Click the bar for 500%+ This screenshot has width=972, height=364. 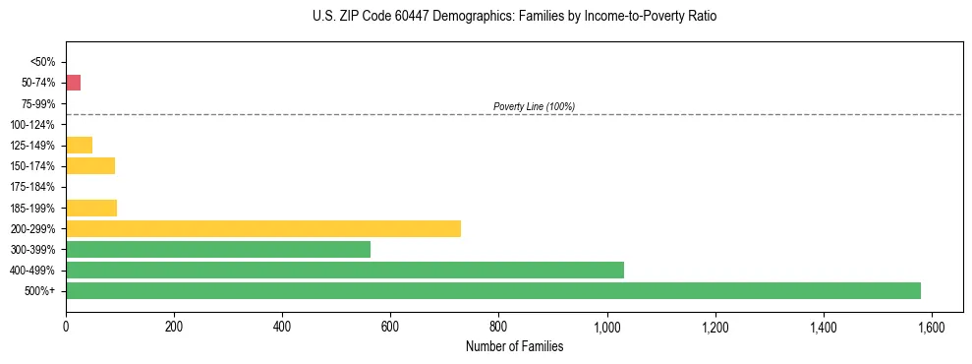tap(492, 290)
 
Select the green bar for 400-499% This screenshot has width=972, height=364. tap(344, 270)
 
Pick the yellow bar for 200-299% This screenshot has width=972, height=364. tap(262, 228)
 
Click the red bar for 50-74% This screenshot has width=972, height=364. tap(73, 83)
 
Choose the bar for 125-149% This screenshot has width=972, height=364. tap(79, 145)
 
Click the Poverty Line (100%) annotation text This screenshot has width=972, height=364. tap(534, 106)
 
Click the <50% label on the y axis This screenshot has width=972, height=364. tap(42, 62)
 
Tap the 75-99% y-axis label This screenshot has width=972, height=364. tap(39, 103)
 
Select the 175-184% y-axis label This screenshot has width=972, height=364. tap(35, 187)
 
